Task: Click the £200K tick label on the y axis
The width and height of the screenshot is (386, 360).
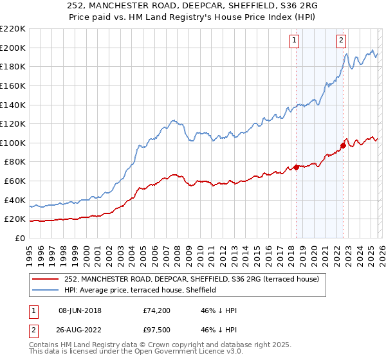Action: pos(13,48)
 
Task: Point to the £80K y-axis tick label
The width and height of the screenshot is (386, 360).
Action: pos(15,162)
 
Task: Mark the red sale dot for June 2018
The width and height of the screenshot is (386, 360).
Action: pos(296,167)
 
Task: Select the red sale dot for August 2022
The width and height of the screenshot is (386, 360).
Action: pos(344,145)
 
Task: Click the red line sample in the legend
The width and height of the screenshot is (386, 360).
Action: pos(45,279)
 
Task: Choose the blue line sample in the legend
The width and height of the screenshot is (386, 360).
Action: pos(45,291)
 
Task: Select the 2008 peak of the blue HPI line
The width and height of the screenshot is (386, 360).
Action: pos(172,120)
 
